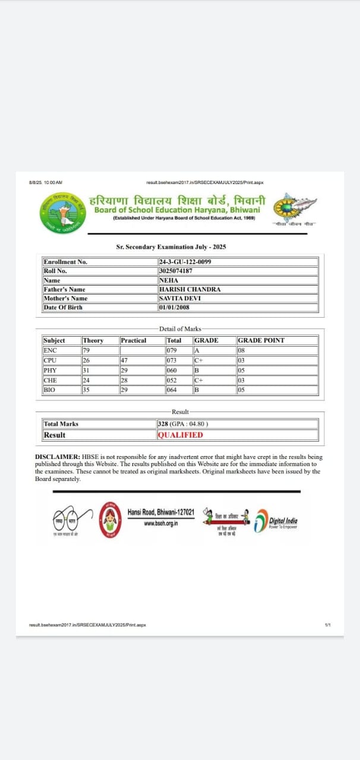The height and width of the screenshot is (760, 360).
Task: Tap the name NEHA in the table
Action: pyautogui.click(x=169, y=280)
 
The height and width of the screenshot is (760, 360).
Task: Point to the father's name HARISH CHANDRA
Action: pyautogui.click(x=190, y=289)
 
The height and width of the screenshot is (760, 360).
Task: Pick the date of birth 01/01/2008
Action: pyautogui.click(x=174, y=308)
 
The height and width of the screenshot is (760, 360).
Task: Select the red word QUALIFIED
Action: pyautogui.click(x=180, y=435)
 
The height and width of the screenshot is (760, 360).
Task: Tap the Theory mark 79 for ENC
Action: pyautogui.click(x=86, y=350)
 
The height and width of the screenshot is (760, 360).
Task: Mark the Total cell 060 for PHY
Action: pyautogui.click(x=172, y=370)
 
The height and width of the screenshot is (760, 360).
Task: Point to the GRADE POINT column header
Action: pyautogui.click(x=261, y=340)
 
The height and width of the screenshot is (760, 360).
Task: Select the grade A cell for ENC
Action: pyautogui.click(x=197, y=350)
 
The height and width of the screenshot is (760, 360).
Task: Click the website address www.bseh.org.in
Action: pyautogui.click(x=160, y=523)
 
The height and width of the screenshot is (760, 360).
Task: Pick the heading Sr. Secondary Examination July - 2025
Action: pyautogui.click(x=171, y=246)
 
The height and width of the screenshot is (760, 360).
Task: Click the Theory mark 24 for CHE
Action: pyautogui.click(x=86, y=380)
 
